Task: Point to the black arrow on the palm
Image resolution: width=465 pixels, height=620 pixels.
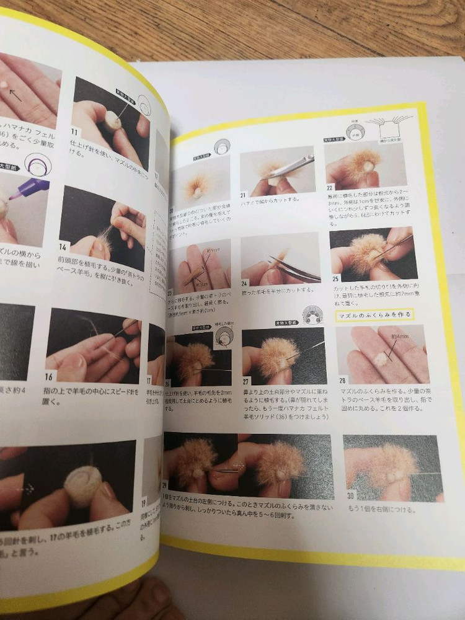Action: coord(15,96)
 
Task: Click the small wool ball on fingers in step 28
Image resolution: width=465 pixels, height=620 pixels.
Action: coord(379,358)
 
